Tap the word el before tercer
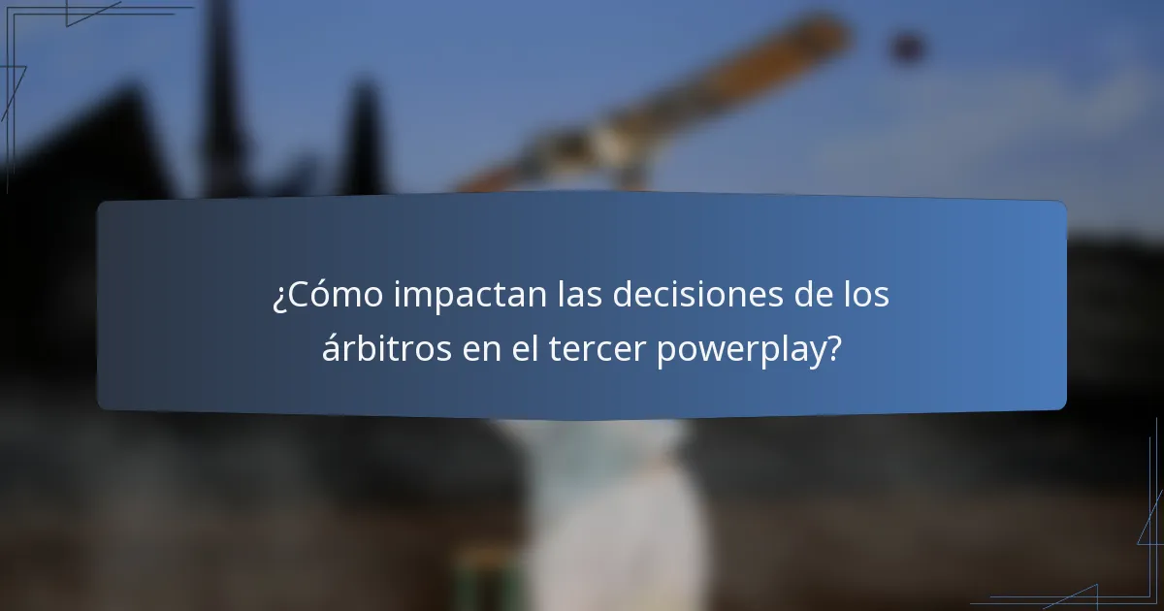point(524,349)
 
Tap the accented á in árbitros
point(332,349)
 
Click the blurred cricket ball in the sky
point(907,46)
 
